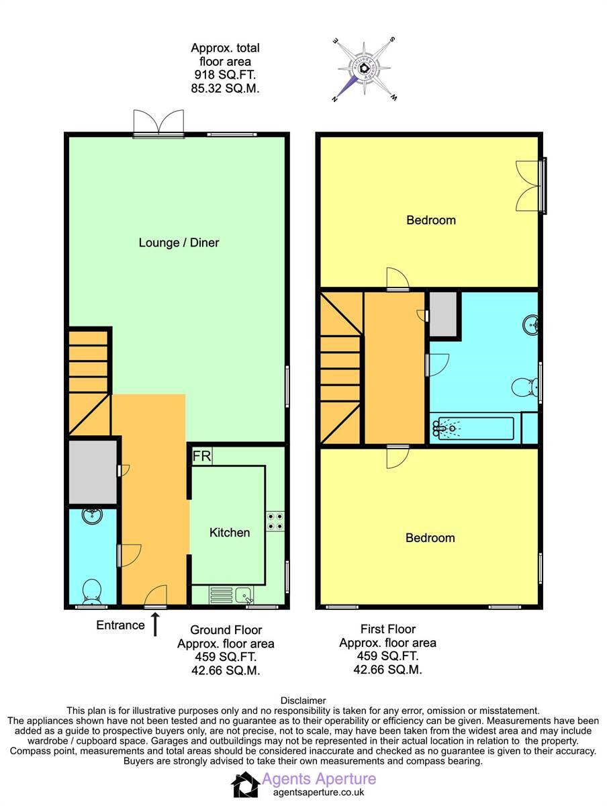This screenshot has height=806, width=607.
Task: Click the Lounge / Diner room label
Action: pyautogui.click(x=179, y=242)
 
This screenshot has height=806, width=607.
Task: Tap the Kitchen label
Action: pyautogui.click(x=230, y=533)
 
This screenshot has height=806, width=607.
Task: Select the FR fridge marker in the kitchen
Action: pyautogui.click(x=201, y=457)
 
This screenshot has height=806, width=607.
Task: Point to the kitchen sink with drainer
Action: pyautogui.click(x=232, y=594)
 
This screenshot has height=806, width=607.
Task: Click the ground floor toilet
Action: pyautogui.click(x=91, y=591)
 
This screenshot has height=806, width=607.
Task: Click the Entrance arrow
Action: pyautogui.click(x=156, y=625)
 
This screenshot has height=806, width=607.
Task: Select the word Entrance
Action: pyautogui.click(x=120, y=625)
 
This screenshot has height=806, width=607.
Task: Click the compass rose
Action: pyautogui.click(x=363, y=69)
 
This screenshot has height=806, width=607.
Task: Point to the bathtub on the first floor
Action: pyautogui.click(x=474, y=427)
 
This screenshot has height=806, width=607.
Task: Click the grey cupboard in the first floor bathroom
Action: pyautogui.click(x=444, y=314)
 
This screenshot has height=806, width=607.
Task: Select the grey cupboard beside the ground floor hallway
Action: pyautogui.click(x=91, y=472)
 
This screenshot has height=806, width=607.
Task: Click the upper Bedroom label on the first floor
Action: pyautogui.click(x=430, y=220)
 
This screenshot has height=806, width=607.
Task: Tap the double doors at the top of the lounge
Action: pyautogui.click(x=158, y=124)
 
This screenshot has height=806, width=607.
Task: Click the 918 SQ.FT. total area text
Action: pyautogui.click(x=224, y=75)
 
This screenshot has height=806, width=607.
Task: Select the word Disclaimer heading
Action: pyautogui.click(x=303, y=701)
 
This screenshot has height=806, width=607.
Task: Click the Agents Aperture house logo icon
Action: pyautogui.click(x=245, y=785)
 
